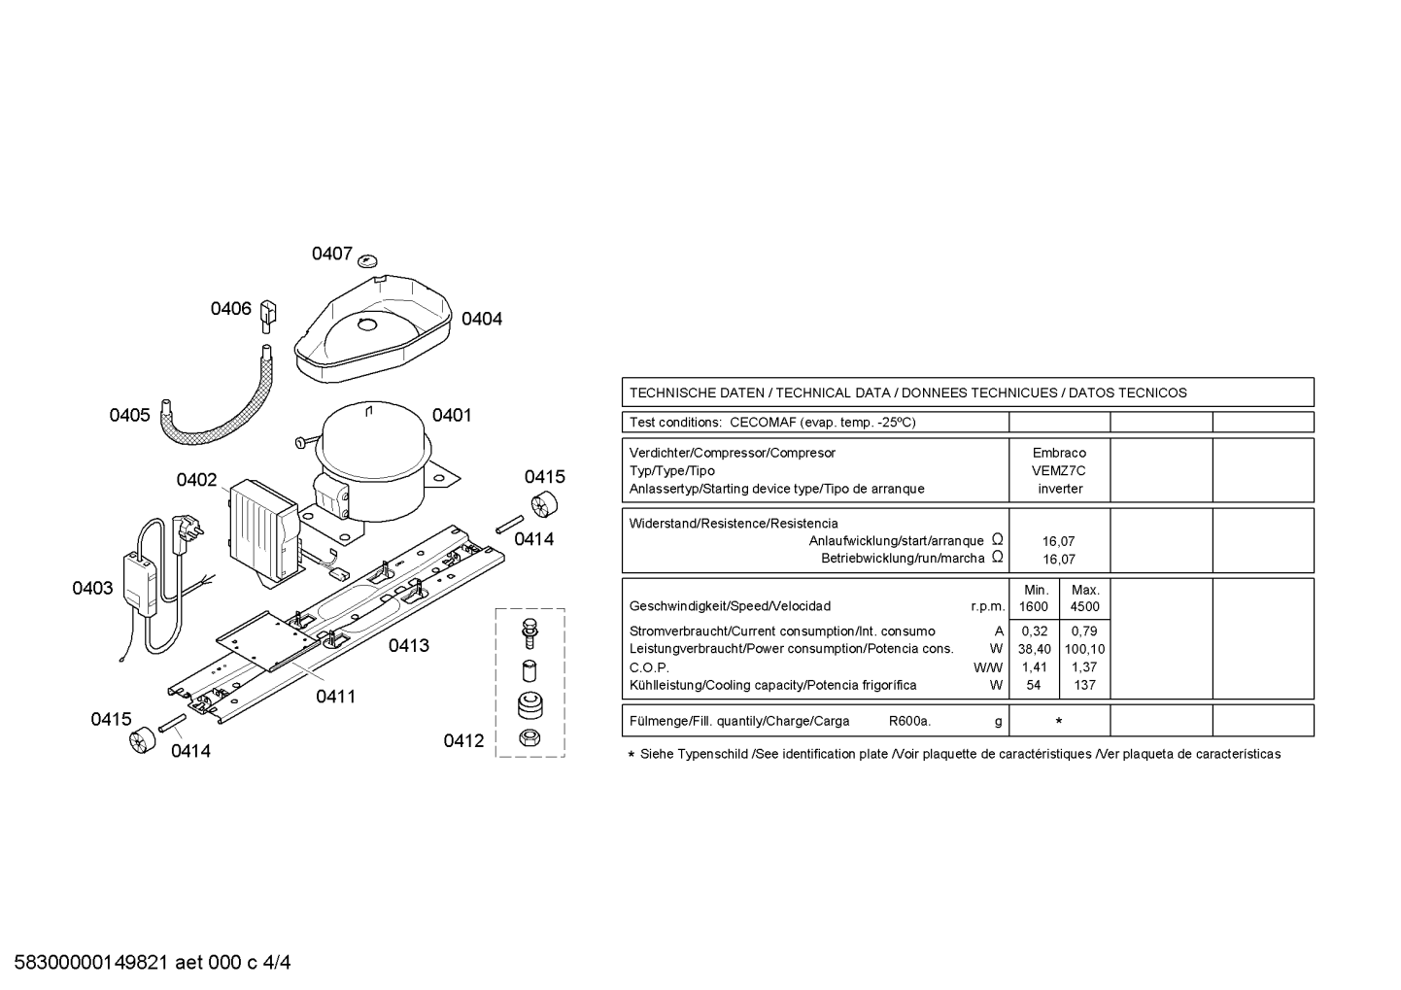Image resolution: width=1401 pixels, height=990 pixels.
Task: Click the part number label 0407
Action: tap(332, 254)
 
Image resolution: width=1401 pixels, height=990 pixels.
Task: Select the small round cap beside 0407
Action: tap(368, 260)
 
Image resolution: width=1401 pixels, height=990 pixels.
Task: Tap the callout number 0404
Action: tap(482, 319)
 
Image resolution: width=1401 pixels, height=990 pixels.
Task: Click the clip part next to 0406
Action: tap(268, 316)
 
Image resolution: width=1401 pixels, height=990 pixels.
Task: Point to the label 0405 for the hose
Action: tap(129, 415)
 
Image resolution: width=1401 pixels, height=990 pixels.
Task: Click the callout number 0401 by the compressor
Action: tap(452, 415)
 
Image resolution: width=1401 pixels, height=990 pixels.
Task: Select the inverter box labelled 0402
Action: tap(264, 530)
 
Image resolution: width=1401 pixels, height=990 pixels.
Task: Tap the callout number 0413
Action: tap(409, 645)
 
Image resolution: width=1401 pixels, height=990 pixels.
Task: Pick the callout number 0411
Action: tap(336, 697)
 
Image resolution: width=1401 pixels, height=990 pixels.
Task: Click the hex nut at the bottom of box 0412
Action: tap(530, 738)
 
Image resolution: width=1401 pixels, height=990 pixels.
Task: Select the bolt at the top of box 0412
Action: tap(530, 632)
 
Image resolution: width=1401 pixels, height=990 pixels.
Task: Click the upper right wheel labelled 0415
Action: tap(544, 504)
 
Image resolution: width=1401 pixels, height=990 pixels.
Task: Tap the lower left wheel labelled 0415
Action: tap(142, 740)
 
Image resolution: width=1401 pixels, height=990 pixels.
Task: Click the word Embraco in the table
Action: tap(1060, 453)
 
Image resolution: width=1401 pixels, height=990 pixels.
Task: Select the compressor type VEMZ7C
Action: tap(1059, 471)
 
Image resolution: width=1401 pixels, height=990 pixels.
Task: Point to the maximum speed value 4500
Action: tap(1084, 606)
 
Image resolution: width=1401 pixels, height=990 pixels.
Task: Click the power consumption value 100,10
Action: tap(1084, 649)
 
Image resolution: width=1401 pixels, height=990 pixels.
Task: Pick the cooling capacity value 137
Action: tap(1084, 686)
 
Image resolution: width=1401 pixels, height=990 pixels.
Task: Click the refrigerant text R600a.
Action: tap(910, 721)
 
